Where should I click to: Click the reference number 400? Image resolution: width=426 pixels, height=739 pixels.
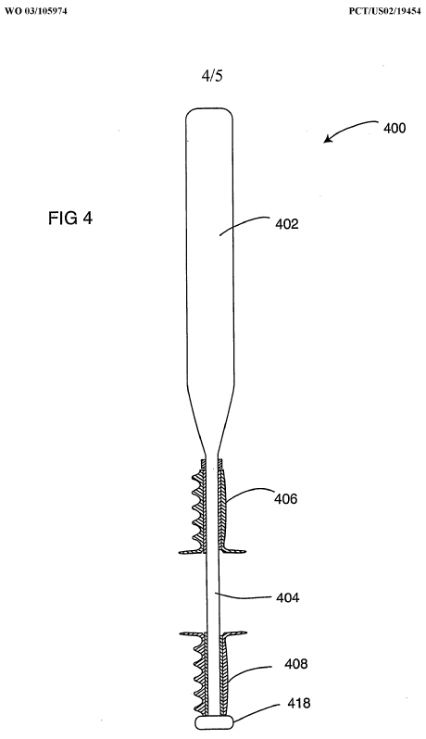point(394,128)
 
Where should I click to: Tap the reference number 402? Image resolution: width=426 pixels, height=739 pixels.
point(287,224)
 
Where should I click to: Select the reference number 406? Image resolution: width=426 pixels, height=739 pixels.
point(286,498)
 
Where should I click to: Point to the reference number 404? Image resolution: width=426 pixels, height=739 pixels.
point(287,597)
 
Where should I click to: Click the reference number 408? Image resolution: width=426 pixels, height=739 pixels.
point(296,664)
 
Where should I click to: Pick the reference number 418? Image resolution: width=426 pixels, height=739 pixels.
point(299,703)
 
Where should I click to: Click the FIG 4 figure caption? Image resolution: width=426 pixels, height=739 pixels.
point(70,219)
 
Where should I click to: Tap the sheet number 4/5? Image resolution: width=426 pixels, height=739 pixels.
point(212,76)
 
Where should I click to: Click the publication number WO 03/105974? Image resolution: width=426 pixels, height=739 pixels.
point(36,11)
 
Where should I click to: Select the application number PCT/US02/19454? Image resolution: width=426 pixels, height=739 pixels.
point(385,11)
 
